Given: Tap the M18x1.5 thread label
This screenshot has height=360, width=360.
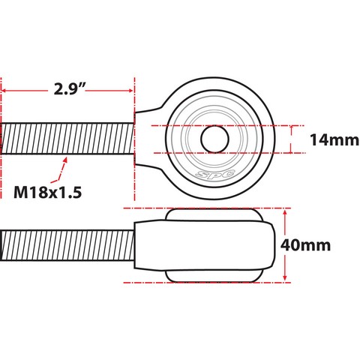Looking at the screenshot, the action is coord(47,193).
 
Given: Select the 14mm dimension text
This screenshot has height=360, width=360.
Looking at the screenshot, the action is coord(334,140).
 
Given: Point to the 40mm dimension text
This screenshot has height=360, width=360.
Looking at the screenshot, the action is coord(305,245).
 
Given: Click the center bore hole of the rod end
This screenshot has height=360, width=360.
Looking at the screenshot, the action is coord(214,139).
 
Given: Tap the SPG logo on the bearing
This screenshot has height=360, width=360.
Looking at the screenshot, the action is coord(215,173).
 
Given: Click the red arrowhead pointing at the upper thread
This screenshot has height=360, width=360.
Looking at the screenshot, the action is coord(65,160).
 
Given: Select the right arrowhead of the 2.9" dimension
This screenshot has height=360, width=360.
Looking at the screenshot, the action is coord(130,91).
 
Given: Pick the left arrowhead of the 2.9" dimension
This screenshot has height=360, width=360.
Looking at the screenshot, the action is coord(4,91).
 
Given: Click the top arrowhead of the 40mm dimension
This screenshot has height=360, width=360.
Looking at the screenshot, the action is coord(285,213).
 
